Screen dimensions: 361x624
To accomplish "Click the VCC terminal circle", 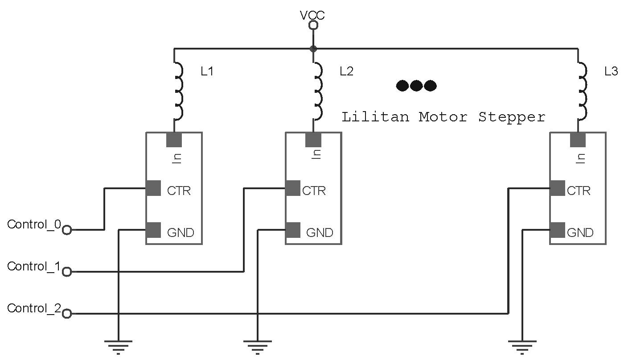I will tap(313, 25).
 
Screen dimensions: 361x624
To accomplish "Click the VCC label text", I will tap(312, 16).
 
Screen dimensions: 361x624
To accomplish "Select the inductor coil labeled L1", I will tap(178, 91).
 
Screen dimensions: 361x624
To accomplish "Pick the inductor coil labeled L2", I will tap(318, 91).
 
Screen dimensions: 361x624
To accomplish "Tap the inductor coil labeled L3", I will tap(583, 91).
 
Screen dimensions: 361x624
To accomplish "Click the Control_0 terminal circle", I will tap(67, 230).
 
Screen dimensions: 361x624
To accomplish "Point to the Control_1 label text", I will tap(33, 266).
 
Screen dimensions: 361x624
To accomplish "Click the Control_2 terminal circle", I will tap(67, 314).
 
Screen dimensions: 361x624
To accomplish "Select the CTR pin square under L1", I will tap(153, 188).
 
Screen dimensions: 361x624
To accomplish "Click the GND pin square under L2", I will tap(293, 230).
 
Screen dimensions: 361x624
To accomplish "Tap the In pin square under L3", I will tap(578, 140).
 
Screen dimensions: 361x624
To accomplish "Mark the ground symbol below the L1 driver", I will tap(118, 346).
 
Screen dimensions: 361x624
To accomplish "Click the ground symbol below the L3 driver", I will tap(522, 346).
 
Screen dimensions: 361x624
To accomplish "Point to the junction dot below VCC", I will tap(313, 48).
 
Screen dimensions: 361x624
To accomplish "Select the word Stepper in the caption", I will tap(512, 117).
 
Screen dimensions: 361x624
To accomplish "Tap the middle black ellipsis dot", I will tap(416, 85).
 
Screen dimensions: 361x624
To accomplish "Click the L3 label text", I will tap(611, 71).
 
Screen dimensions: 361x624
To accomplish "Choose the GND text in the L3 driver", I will tap(580, 232).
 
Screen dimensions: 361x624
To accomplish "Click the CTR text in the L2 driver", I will tap(314, 191).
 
